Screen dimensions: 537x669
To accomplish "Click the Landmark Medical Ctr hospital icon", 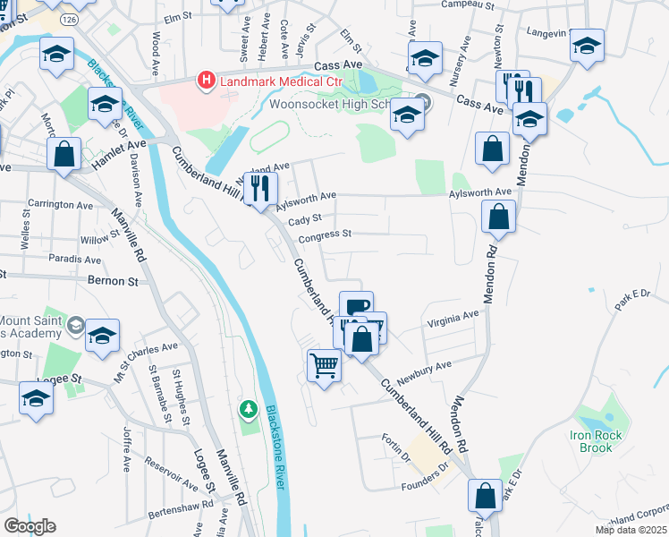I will tap(207, 81).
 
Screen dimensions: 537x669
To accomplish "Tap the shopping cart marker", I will tap(324, 364).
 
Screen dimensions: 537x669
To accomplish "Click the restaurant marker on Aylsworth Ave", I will tap(261, 189).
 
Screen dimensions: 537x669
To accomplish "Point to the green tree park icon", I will tap(249, 409).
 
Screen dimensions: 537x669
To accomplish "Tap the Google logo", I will tap(30, 526).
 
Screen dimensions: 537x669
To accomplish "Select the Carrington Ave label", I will tap(61, 202).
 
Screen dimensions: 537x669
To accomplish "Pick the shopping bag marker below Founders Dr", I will tap(485, 496).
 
